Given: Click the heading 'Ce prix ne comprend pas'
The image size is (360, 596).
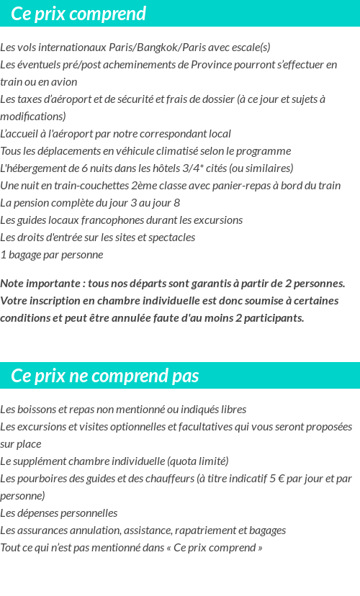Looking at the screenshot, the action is coord(105,376).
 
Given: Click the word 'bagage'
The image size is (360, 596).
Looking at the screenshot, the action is coord(24,255).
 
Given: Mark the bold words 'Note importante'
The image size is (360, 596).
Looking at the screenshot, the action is coord(40,284).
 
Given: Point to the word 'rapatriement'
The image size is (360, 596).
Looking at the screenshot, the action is coord(204,530).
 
